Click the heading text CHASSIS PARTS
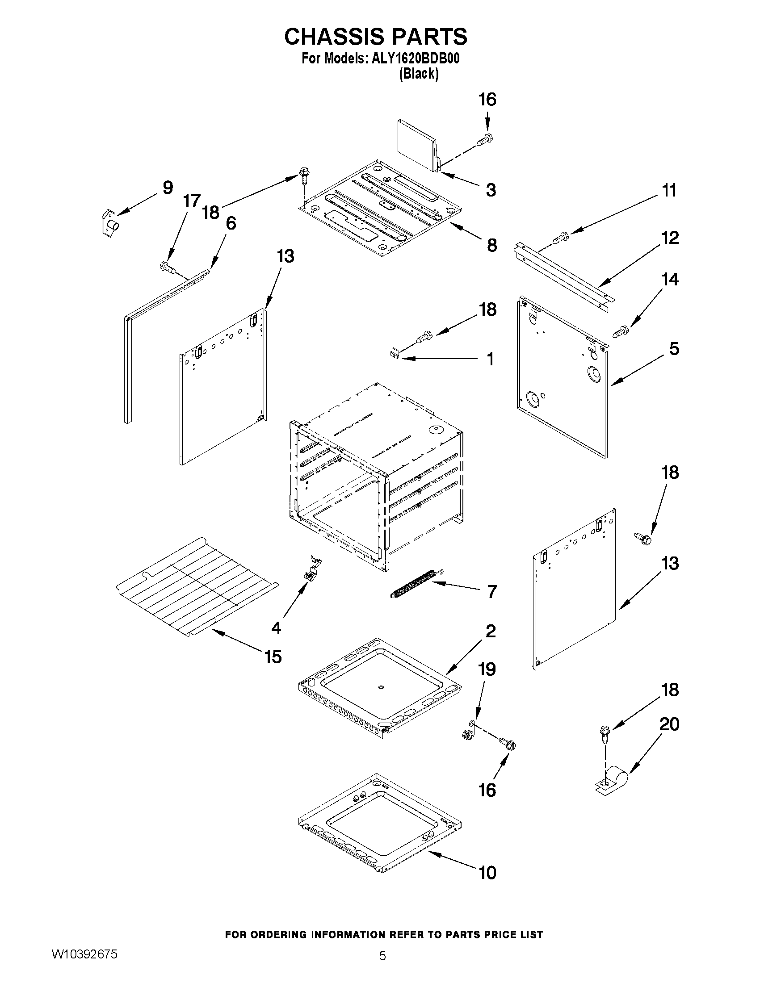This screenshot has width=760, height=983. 375,37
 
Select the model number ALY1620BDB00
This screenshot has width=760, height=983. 415,59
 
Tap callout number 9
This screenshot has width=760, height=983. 168,188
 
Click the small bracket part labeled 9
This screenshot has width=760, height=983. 109,222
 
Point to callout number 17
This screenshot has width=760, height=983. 191,201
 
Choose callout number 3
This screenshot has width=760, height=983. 491,190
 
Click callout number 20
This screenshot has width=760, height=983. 669,724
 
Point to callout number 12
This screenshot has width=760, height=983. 670,238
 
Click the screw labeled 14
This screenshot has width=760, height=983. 621,332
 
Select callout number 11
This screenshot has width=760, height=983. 670,190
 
